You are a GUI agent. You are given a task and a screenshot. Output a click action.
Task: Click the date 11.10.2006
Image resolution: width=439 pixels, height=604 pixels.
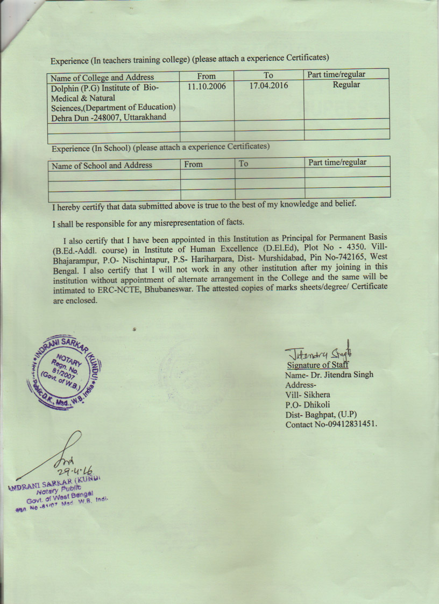coord(207,86)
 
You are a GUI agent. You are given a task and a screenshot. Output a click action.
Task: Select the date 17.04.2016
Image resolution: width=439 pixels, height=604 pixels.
coord(268,86)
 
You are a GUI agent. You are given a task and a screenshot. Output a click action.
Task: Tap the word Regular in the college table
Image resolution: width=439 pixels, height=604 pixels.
coord(346,85)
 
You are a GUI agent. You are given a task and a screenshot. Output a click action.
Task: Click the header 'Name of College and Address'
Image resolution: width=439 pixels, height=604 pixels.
coord(103,77)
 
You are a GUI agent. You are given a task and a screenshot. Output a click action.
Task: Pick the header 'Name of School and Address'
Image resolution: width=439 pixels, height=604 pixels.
coord(102,165)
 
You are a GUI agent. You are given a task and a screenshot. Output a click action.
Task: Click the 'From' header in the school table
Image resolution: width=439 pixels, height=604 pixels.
coord(193,164)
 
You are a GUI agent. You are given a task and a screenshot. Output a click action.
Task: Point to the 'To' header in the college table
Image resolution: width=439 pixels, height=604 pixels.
coord(268,75)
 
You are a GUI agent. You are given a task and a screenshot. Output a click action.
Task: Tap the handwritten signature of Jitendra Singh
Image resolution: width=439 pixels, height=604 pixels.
coord(317,353)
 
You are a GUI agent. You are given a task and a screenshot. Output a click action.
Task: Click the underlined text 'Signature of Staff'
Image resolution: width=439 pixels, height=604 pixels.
coord(317,365)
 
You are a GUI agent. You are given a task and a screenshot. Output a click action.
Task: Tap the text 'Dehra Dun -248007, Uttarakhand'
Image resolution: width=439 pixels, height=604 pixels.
coord(109,117)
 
